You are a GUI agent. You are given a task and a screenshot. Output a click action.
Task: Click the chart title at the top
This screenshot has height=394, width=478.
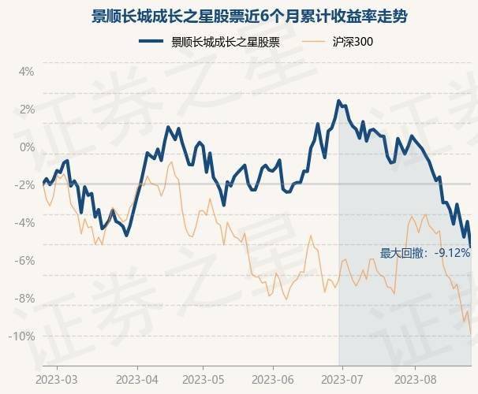coord(238,16)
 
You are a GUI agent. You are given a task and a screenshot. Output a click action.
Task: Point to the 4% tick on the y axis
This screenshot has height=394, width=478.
coord(27,71)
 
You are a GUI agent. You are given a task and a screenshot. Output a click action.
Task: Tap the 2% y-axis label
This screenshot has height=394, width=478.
coord(27,109)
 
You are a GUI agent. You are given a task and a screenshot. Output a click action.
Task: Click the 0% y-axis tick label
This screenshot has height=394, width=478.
coord(27,147)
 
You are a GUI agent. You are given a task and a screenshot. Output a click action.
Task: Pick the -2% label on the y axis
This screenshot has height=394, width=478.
coord(25,184)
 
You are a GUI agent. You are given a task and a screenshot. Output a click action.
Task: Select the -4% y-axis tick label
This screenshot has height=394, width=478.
coord(25,222)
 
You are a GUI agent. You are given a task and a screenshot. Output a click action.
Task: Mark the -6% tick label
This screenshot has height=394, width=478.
coord(25,260)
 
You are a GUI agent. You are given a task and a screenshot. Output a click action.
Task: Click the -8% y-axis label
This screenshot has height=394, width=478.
coord(25,298)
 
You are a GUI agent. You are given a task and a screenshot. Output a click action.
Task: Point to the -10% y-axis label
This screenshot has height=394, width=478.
coord(23,336)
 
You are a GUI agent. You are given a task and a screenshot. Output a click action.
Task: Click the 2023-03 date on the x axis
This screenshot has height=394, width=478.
coord(58,379)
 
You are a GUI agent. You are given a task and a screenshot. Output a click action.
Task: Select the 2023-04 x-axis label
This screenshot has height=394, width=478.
coord(137,379)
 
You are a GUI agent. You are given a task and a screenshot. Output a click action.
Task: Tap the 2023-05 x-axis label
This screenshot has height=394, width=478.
coord(203,379)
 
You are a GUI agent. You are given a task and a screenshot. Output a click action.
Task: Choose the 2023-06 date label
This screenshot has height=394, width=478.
coord(272,379)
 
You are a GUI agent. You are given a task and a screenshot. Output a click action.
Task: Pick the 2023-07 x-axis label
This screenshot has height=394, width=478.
coord(340,379)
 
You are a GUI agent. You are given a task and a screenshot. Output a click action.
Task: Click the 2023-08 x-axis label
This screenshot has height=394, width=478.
coord(409,379)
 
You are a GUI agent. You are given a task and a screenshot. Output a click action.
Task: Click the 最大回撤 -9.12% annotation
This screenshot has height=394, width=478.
coord(425,253)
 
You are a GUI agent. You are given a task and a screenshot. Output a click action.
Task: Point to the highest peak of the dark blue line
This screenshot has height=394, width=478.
coord(338,101)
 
